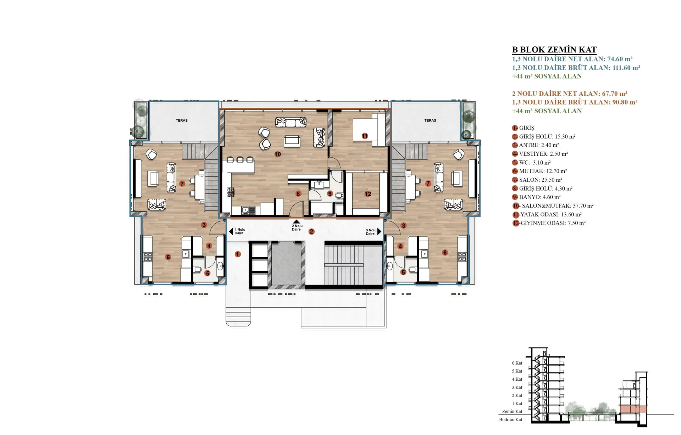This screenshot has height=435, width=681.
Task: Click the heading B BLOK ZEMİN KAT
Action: pyautogui.click(x=554, y=50)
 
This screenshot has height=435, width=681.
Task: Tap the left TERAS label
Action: pyautogui.click(x=182, y=121)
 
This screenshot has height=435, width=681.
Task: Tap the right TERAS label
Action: pyautogui.click(x=430, y=121)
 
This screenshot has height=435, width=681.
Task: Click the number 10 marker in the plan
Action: pyautogui.click(x=277, y=154)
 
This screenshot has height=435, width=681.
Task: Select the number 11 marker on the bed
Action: pyautogui.click(x=365, y=136)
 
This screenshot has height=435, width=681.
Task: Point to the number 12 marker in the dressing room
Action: pyautogui.click(x=368, y=194)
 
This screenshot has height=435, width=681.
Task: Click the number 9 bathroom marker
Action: pyautogui.click(x=330, y=194)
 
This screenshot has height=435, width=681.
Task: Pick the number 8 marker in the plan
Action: pyautogui.click(x=298, y=194)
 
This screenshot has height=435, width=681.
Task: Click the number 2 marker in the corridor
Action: pyautogui.click(x=311, y=232)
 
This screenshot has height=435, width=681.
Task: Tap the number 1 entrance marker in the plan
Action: pyautogui.click(x=238, y=254)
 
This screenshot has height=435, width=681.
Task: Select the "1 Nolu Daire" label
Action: pyautogui.click(x=240, y=231)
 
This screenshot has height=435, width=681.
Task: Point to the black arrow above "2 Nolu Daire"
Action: pyautogui.click(x=297, y=222)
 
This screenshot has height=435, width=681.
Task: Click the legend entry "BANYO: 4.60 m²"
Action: pyautogui.click(x=540, y=197)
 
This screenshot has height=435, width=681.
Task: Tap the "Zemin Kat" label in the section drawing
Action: pyautogui.click(x=512, y=412)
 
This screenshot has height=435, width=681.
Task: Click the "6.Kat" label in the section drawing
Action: pyautogui.click(x=517, y=363)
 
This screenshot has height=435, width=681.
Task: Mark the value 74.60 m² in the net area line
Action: pyautogui.click(x=620, y=59)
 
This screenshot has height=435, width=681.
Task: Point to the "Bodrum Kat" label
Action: pyautogui.click(x=511, y=420)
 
